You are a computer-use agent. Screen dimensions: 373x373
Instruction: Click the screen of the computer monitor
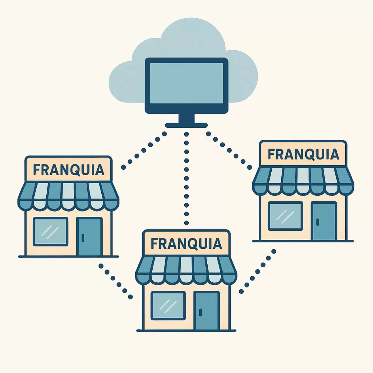point(186,83)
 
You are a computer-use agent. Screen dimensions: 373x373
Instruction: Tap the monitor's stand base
point(186,125)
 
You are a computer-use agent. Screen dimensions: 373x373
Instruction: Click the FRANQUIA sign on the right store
point(303,153)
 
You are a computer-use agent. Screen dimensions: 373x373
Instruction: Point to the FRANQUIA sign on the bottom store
point(186,243)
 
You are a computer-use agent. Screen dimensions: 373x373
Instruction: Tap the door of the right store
point(324,221)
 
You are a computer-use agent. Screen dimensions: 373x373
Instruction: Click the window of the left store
point(51,232)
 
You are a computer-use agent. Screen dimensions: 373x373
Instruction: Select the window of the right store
point(285,216)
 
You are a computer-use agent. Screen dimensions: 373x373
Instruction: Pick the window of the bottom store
point(168,306)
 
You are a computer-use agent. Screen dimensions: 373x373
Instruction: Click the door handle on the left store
point(83,238)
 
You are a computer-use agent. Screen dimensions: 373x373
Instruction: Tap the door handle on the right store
point(317,222)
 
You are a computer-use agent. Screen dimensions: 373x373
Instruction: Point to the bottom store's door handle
point(200,312)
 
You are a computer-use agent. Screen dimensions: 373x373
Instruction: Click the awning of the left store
point(68,196)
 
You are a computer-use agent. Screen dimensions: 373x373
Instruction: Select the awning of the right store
point(303,181)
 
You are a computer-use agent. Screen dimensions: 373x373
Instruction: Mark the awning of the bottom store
point(186,271)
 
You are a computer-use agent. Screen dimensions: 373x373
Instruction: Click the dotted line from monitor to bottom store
point(186,178)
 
